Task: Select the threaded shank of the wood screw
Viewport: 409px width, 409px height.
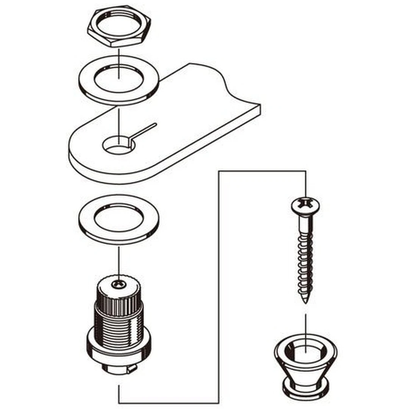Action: click(x=305, y=261)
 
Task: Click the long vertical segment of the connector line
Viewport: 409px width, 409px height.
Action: click(x=219, y=284)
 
